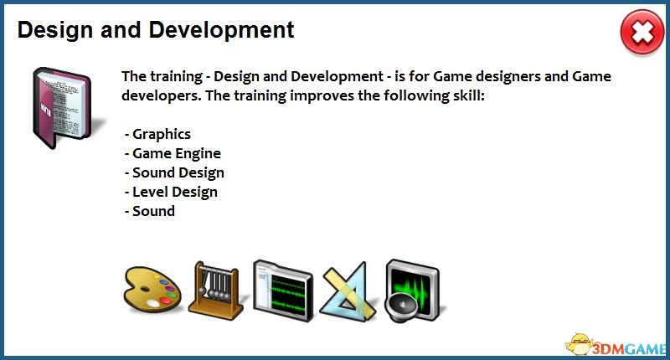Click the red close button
click(642, 32)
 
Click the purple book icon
click(62, 108)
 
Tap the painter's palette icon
click(152, 288)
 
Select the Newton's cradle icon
click(215, 291)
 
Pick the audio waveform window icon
click(283, 291)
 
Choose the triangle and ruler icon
click(348, 291)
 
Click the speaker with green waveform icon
click(412, 291)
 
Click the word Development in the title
click(221, 31)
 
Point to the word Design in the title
click(55, 31)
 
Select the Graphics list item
click(157, 134)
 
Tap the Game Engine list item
click(173, 153)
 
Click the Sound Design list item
click(174, 172)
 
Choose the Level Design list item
click(171, 192)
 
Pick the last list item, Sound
click(150, 211)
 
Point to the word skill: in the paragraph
click(468, 95)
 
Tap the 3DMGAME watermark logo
click(616, 345)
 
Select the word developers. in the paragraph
click(161, 95)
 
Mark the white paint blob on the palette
click(152, 304)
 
